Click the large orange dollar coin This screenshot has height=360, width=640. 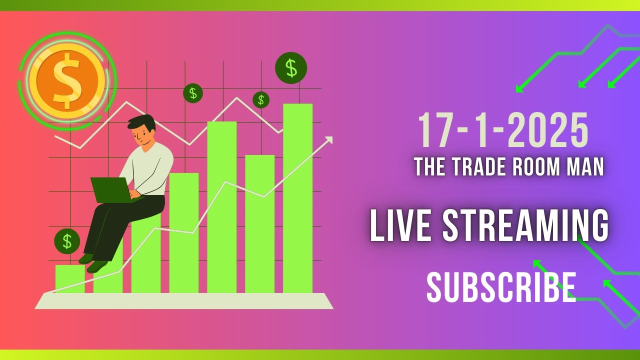(67, 80)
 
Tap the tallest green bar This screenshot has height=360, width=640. (297, 200)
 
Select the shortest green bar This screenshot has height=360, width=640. (69, 278)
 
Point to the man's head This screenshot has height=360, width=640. (142, 131)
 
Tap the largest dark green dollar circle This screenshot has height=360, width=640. (291, 68)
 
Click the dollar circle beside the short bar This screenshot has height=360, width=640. (67, 241)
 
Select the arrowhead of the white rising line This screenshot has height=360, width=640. (328, 139)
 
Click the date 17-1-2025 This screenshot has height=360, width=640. (503, 130)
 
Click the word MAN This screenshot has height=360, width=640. (585, 167)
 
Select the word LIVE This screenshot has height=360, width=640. (400, 226)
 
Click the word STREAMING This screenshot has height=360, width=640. (526, 226)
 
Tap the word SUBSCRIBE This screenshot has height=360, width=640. (501, 287)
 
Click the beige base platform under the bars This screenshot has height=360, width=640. (184, 301)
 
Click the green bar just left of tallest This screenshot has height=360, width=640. (259, 225)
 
